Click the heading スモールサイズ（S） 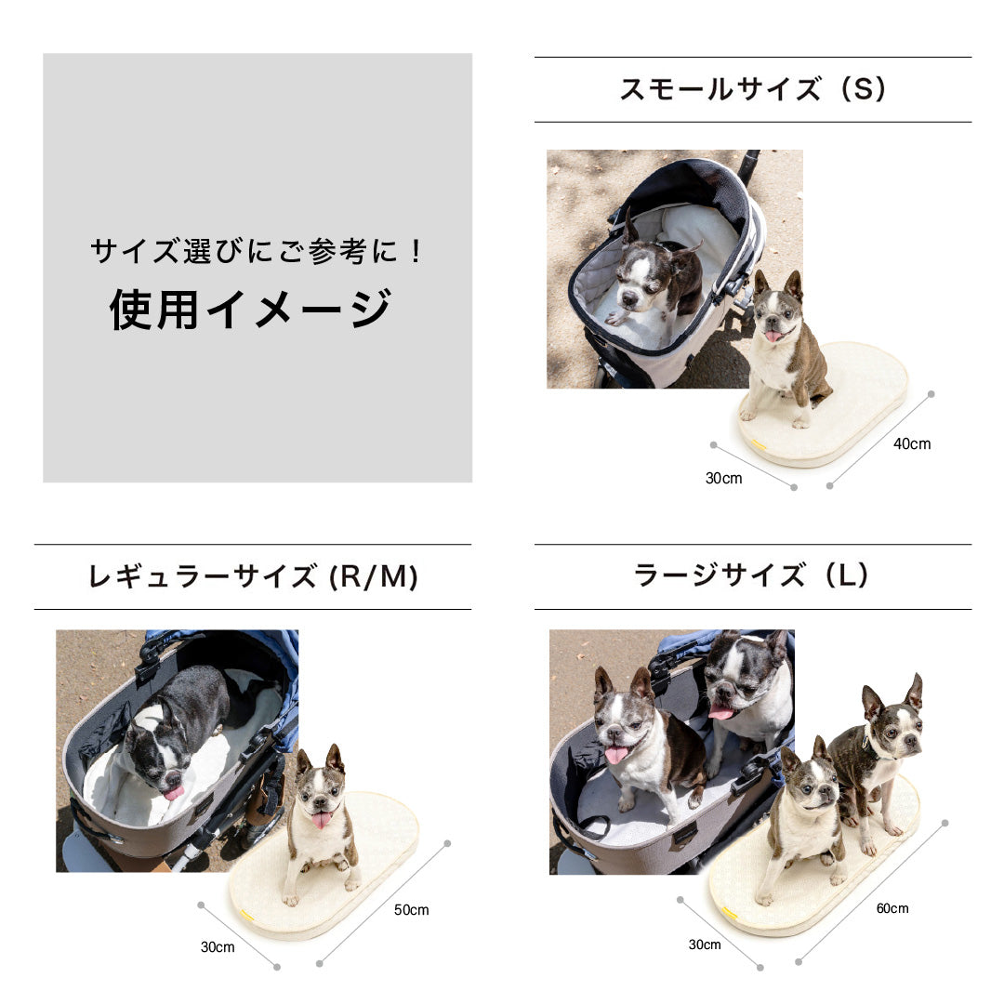click(x=752, y=90)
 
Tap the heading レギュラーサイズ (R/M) click(x=253, y=577)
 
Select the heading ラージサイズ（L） click(x=752, y=576)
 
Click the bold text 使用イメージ click(x=251, y=310)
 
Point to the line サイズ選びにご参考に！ click(x=258, y=251)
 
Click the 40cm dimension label click(x=911, y=444)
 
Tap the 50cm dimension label click(x=411, y=910)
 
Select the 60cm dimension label click(x=892, y=908)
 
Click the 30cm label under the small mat click(x=723, y=479)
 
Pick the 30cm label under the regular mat click(x=218, y=947)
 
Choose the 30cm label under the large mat click(x=704, y=945)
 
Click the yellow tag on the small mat click(x=759, y=444)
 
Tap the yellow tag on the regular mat click(x=246, y=916)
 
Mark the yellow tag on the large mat click(x=730, y=914)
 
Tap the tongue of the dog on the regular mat click(x=321, y=820)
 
